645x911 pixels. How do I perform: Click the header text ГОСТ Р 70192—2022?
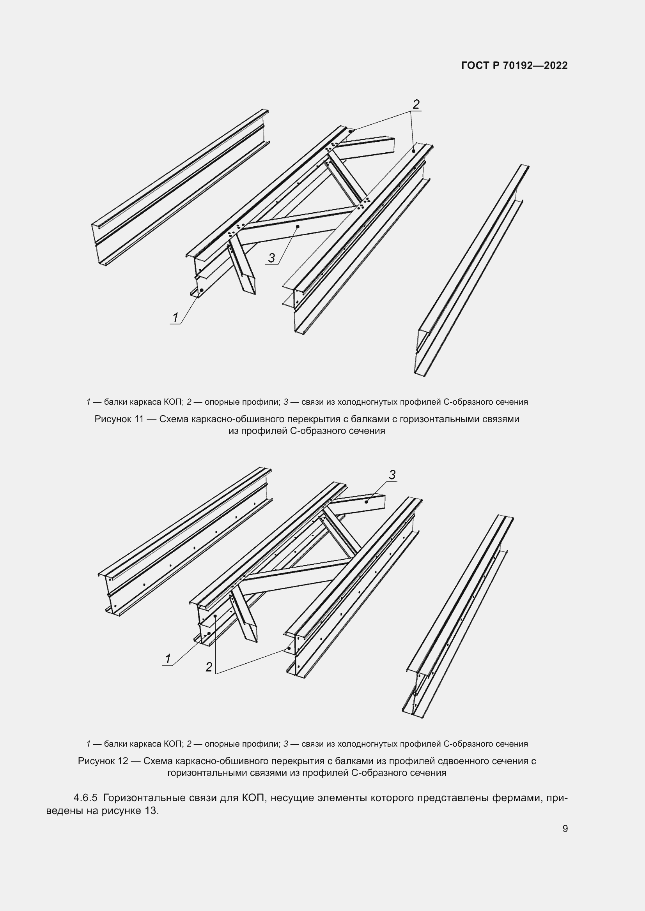pos(514,66)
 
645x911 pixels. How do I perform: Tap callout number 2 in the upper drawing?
pos(416,104)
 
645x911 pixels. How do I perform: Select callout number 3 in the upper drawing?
pos(271,258)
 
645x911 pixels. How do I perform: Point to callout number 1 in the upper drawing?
pos(175,317)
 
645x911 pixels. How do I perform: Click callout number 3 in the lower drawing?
pos(392,474)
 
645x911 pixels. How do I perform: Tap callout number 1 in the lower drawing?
pos(168,659)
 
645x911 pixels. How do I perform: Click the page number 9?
pos(565,828)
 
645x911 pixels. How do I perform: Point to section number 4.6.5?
pos(85,798)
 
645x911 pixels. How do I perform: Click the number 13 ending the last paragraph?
pos(151,811)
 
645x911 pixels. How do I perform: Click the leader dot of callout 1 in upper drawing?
pos(201,290)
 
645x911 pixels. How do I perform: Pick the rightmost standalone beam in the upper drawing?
pos(473,270)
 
